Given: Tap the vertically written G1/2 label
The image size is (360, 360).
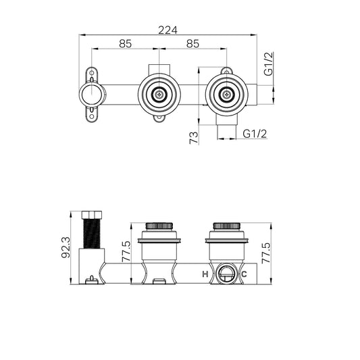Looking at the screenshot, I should [268, 66].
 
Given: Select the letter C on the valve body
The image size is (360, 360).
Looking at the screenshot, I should [244, 274].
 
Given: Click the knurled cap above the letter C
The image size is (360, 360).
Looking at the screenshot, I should [224, 226].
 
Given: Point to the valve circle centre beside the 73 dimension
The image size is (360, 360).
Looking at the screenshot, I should [225, 95].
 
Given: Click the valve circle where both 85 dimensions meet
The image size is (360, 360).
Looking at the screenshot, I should [158, 95].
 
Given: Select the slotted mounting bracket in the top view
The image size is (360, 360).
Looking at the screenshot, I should [92, 95].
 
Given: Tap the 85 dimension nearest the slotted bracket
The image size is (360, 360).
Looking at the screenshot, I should [125, 44].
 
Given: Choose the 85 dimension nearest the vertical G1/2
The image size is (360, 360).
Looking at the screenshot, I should [192, 44].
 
